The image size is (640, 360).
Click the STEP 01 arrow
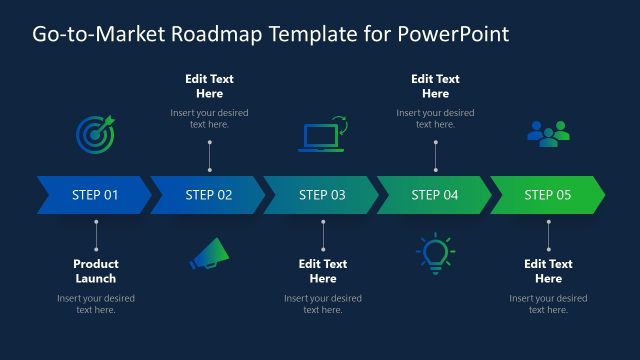(94, 195)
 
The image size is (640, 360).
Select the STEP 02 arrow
(208, 195)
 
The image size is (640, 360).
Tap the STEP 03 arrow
(321, 195)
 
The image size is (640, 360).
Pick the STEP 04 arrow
(434, 195)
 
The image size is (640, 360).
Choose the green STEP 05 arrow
(547, 195)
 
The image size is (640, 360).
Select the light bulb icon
(434, 254)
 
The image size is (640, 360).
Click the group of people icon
(548, 134)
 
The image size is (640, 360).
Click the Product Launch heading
(96, 271)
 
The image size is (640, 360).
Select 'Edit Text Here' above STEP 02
(210, 86)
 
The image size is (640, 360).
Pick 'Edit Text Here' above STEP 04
(436, 86)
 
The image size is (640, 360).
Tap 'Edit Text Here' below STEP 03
(323, 271)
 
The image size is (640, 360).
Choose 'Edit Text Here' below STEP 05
(549, 271)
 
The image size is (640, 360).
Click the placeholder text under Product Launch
(96, 304)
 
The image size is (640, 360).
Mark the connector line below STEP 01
(96, 235)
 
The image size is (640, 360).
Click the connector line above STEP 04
(435, 156)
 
